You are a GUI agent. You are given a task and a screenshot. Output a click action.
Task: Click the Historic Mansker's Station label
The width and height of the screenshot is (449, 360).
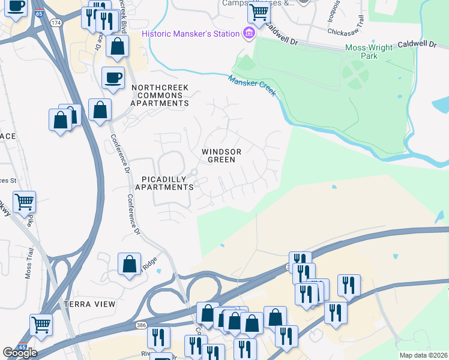(x=190, y=34)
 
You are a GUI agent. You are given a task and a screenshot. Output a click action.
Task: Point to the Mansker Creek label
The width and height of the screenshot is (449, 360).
(x=252, y=85)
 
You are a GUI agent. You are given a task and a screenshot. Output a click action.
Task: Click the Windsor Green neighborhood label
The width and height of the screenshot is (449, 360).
(x=221, y=155)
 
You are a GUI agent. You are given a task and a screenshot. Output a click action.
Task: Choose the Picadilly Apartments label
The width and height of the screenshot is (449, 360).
(x=164, y=183)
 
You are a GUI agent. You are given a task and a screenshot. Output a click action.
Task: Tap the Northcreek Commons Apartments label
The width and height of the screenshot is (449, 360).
(x=160, y=95)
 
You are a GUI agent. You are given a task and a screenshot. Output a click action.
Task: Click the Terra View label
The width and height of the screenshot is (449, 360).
(x=89, y=304)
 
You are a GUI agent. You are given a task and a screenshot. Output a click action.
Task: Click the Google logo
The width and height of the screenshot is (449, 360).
(x=19, y=352)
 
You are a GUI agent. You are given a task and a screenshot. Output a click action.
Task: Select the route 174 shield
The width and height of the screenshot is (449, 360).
(x=56, y=22)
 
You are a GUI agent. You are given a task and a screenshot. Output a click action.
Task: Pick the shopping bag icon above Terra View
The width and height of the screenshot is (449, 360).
(x=130, y=263)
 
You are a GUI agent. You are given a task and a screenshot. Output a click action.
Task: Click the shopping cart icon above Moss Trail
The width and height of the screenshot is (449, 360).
(x=24, y=202)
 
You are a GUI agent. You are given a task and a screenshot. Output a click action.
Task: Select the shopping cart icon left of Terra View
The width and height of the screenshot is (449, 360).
(x=41, y=325)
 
